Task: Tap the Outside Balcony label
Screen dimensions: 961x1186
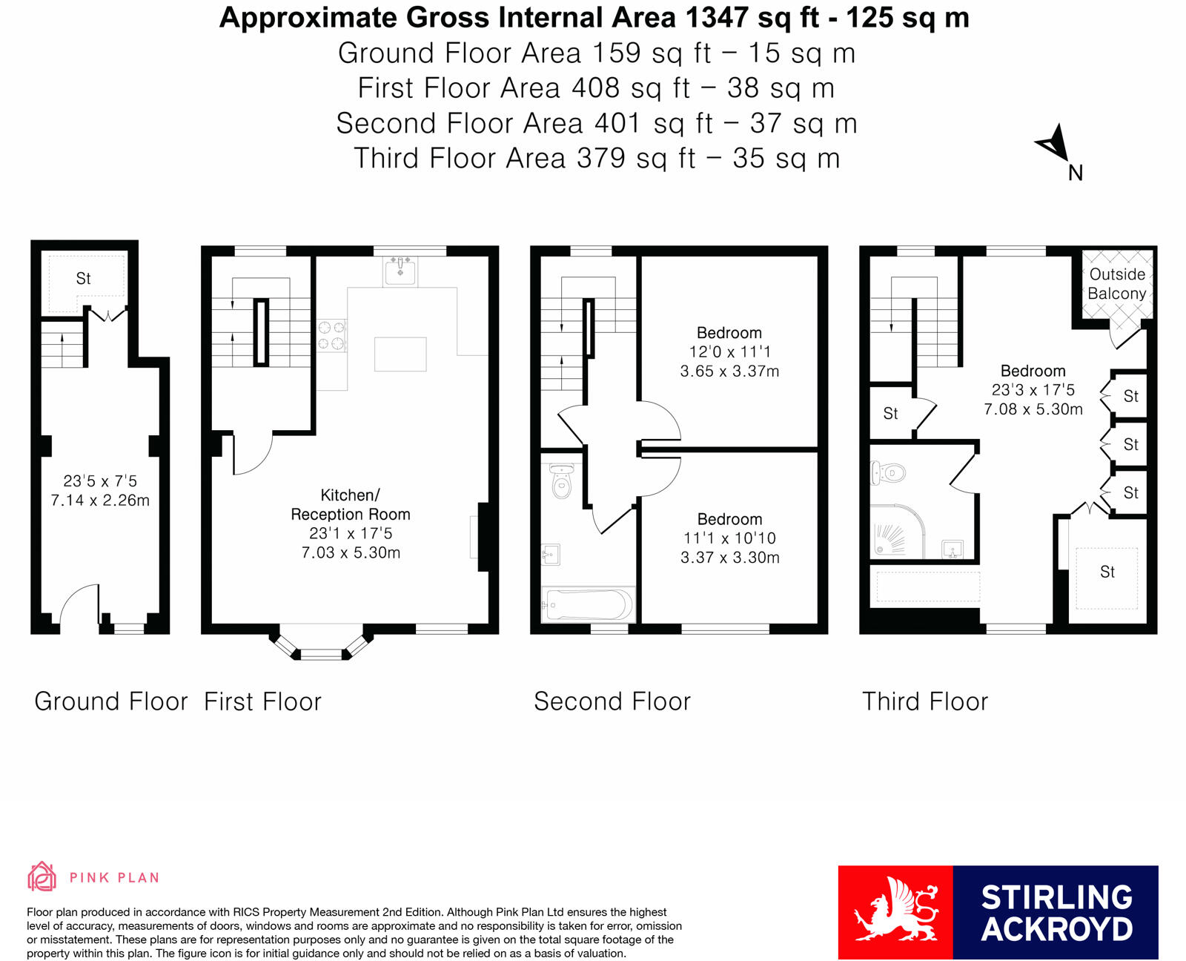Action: coord(1116,284)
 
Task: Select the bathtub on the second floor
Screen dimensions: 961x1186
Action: coord(587,604)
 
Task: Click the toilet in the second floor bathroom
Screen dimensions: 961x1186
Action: coord(562,481)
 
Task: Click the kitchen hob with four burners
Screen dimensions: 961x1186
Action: coord(331,334)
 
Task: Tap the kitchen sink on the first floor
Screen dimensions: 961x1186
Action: coord(400,271)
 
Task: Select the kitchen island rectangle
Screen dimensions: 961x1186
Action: coord(400,354)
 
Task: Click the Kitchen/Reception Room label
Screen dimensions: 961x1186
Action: coord(350,504)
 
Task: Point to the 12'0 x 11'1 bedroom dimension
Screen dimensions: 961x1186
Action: coord(729,352)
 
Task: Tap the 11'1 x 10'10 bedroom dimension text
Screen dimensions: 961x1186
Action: coord(729,538)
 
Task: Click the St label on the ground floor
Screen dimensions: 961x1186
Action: coord(83,279)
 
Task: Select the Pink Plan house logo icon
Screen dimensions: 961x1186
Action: coord(42,876)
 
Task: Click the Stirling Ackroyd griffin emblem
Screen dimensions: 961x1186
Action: coord(895,911)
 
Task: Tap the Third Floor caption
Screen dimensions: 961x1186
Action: coord(924,701)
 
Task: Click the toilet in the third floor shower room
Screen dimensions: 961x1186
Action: coord(888,472)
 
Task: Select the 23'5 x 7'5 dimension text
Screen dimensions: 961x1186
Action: coord(100,481)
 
